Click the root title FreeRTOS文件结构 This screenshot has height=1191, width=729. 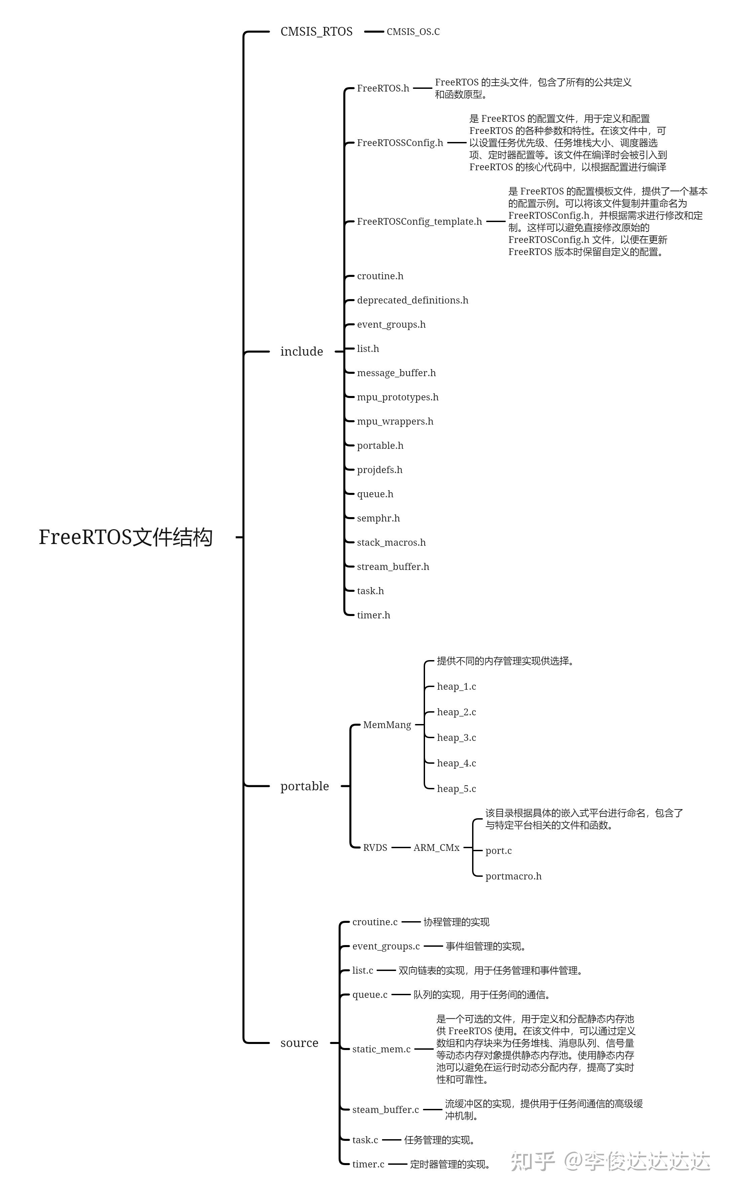pos(126,537)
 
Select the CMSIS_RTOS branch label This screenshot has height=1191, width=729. pos(316,32)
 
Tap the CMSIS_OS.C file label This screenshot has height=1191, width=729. pos(413,32)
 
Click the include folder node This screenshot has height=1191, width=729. pos(302,351)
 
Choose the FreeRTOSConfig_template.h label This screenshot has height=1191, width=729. pos(419,221)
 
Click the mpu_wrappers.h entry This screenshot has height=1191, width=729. pos(395,422)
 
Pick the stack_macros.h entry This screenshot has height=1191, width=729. pos(391,542)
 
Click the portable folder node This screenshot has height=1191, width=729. pos(304,786)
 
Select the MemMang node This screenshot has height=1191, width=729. pos(387,725)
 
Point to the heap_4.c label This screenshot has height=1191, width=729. pos(457,763)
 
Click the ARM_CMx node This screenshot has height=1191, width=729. pos(436,847)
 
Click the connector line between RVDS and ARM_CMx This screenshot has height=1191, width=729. pos(401,847)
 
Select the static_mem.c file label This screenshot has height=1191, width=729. pos(381,1049)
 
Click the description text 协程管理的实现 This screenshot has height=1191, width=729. pos(457,922)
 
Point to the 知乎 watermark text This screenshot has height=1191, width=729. pos(533,1161)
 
